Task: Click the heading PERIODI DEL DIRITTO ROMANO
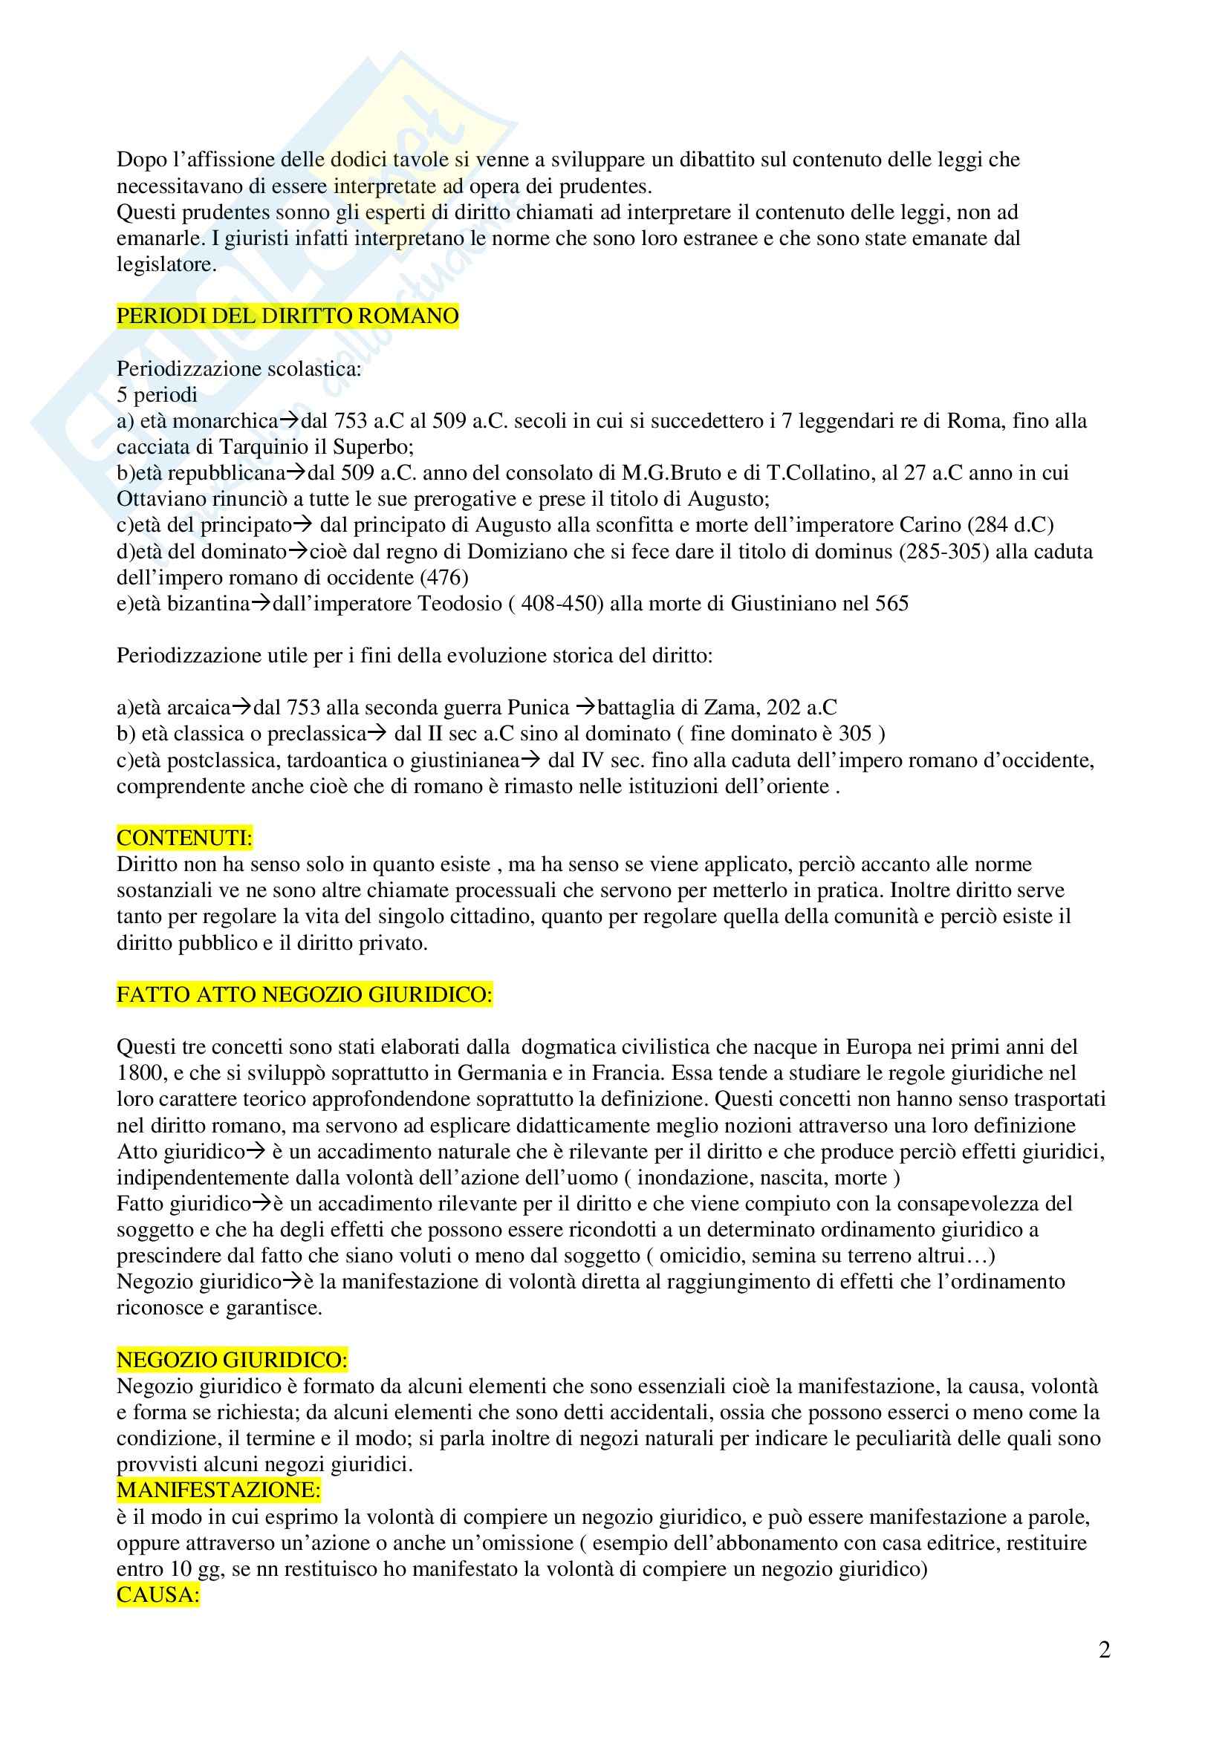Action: [x=287, y=316]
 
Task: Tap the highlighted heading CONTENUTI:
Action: [x=185, y=838]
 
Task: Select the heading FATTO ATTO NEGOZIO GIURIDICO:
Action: [x=304, y=995]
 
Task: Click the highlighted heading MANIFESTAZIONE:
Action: [x=218, y=1490]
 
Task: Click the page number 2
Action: [x=1104, y=1650]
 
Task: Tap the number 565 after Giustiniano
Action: [x=891, y=603]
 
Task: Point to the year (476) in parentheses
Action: [x=444, y=577]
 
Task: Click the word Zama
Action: [x=730, y=708]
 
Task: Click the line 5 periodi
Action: [x=157, y=394]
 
